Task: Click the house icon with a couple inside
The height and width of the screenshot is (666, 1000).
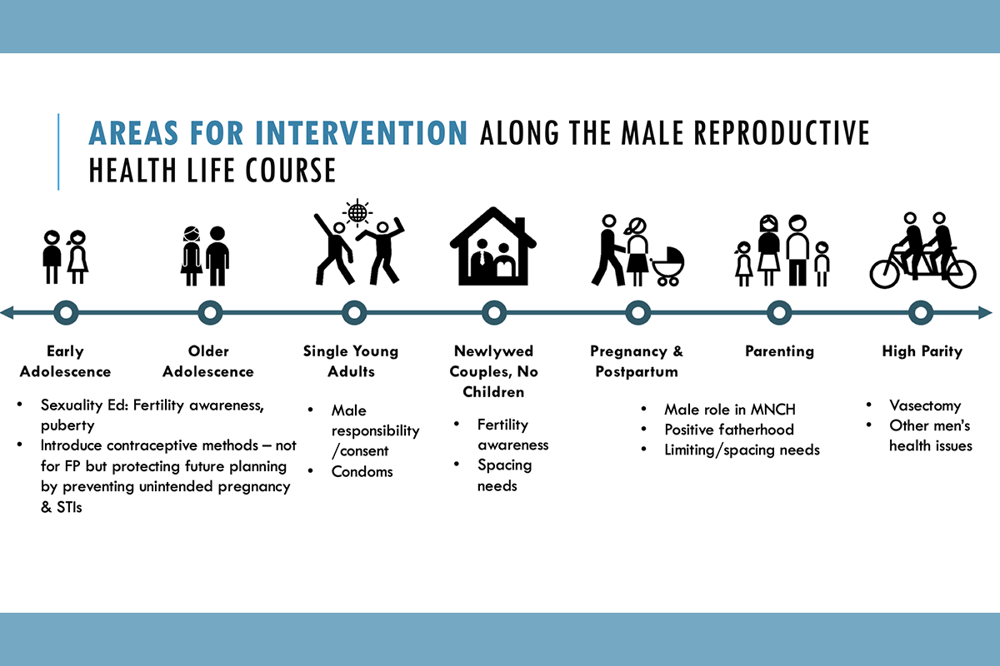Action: tap(493, 246)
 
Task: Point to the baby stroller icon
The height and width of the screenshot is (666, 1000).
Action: tap(667, 266)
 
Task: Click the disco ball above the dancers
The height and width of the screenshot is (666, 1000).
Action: tap(357, 212)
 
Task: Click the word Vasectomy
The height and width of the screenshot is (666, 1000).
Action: tap(925, 405)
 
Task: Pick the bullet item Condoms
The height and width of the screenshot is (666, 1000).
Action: tap(362, 471)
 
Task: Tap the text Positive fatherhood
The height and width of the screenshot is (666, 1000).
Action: tap(729, 430)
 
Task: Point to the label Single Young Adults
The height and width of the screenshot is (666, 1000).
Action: tap(351, 361)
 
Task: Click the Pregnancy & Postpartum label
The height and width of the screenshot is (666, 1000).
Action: tap(637, 361)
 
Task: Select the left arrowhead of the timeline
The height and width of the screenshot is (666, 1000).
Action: tap(7, 313)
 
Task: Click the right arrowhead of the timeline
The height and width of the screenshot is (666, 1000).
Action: tap(985, 313)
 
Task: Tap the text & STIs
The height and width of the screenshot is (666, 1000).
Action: tap(61, 507)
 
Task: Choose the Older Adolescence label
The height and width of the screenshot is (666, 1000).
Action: tap(208, 361)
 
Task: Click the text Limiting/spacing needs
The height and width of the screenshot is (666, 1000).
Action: tap(742, 450)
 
